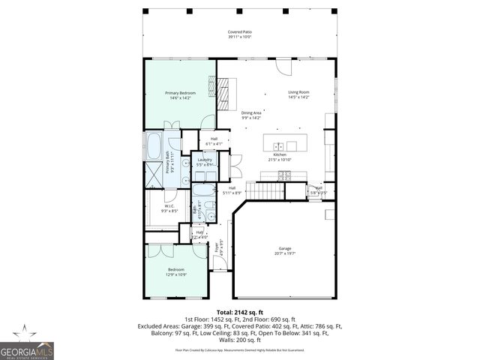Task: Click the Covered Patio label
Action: pos(240,32)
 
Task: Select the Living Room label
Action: pos(298,93)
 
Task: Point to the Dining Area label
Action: pos(251,113)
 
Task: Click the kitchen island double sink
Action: pos(278,146)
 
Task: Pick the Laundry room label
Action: pos(205,159)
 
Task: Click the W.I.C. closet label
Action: pos(169,207)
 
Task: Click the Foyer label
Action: pos(218,244)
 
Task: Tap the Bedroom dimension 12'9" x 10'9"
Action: pos(176,274)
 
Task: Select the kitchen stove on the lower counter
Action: pos(285,175)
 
